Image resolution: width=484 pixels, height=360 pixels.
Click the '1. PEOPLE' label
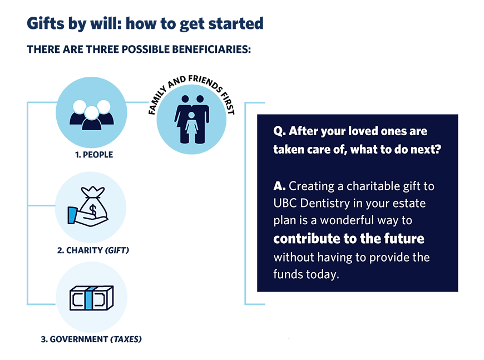[x=94, y=154]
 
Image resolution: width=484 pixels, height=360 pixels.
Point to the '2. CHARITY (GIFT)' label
[x=93, y=250]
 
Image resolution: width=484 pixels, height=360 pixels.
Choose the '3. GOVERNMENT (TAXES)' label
[x=91, y=339]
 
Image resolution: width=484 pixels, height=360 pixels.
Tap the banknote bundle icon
[x=92, y=298]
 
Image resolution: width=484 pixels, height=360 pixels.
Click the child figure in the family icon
[x=191, y=127]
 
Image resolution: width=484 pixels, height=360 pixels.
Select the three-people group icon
[x=92, y=115]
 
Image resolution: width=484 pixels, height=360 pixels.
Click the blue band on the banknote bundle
[x=88, y=298]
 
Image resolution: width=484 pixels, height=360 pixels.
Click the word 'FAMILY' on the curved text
[x=157, y=100]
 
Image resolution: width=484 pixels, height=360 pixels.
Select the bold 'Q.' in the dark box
[x=279, y=131]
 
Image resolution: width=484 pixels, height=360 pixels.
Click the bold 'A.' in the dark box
[x=279, y=186]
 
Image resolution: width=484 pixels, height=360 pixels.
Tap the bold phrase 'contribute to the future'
[x=349, y=238]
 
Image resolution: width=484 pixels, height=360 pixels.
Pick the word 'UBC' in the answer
[x=285, y=203]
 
